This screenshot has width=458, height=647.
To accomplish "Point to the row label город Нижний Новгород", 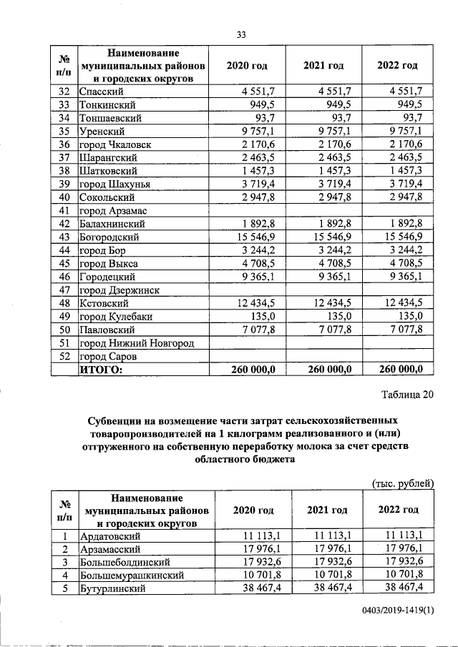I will click(127, 342).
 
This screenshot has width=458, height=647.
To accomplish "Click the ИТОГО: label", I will click(101, 369).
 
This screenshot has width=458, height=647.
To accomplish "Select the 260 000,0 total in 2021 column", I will click(326, 369).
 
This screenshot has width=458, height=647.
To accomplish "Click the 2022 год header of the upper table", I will click(397, 66).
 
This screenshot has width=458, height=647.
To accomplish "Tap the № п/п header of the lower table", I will click(64, 509).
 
